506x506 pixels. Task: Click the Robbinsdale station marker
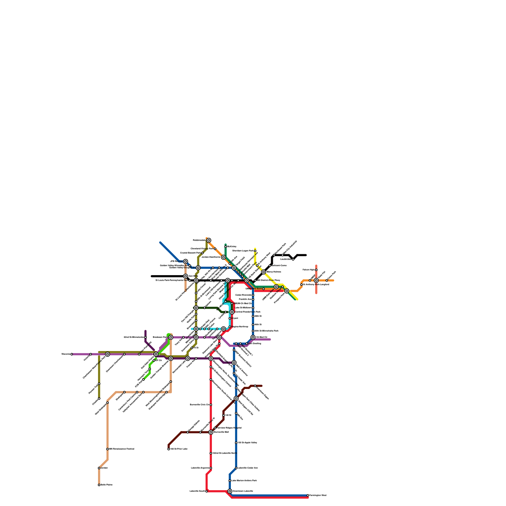click(x=209, y=240)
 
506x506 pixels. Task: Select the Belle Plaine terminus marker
click(x=99, y=485)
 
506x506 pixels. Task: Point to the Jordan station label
click(x=104, y=468)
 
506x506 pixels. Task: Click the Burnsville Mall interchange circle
click(x=211, y=432)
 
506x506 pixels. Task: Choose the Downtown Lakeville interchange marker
click(x=230, y=491)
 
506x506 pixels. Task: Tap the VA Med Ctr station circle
click(x=253, y=337)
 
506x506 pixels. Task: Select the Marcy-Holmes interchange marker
click(x=263, y=272)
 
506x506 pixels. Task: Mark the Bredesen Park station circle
click(x=171, y=337)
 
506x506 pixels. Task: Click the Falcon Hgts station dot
click(x=316, y=270)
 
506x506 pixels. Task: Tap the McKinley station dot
click(x=225, y=247)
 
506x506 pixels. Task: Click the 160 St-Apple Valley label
click(x=247, y=443)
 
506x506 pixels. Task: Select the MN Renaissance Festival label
click(x=122, y=449)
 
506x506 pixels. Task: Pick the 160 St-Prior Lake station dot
click(x=169, y=449)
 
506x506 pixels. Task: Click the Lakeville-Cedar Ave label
click(x=248, y=468)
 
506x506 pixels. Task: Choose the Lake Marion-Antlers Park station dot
click(x=230, y=481)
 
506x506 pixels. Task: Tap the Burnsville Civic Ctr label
click(x=200, y=405)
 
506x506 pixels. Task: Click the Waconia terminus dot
click(x=72, y=354)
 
